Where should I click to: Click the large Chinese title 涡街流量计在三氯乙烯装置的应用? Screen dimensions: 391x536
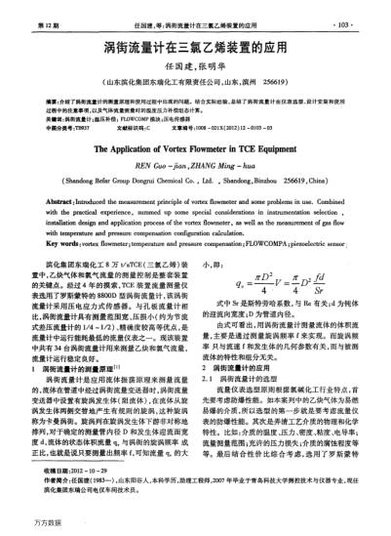click(x=195, y=47)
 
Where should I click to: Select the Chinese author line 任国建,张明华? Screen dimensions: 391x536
click(x=195, y=68)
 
